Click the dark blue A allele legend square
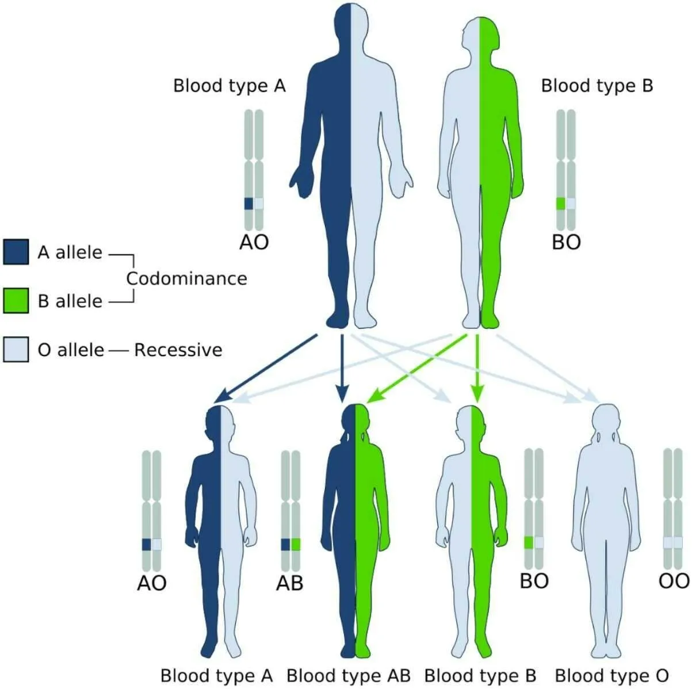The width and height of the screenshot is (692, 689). coord(16,252)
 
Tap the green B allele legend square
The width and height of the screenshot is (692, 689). coord(16,301)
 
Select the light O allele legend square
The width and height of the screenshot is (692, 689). coord(16,349)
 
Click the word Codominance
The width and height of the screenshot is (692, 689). coord(187,278)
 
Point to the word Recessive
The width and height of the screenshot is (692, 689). coord(178,350)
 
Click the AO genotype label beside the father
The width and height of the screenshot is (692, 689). coord(254,242)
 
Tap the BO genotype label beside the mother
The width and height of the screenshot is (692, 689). coord(566,242)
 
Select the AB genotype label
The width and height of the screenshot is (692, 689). coord(289,583)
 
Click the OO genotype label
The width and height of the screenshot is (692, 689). coord(674,581)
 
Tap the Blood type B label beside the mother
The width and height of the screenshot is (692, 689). coord(597,86)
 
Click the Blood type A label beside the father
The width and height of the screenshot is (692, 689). coord(230,86)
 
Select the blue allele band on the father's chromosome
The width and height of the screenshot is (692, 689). coord(248,204)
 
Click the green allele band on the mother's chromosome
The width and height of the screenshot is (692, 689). coord(561,204)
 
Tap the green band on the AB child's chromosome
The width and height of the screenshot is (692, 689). coord(296,544)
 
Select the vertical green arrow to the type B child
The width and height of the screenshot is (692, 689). coord(477,368)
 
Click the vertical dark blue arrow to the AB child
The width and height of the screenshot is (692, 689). coord(342,368)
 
